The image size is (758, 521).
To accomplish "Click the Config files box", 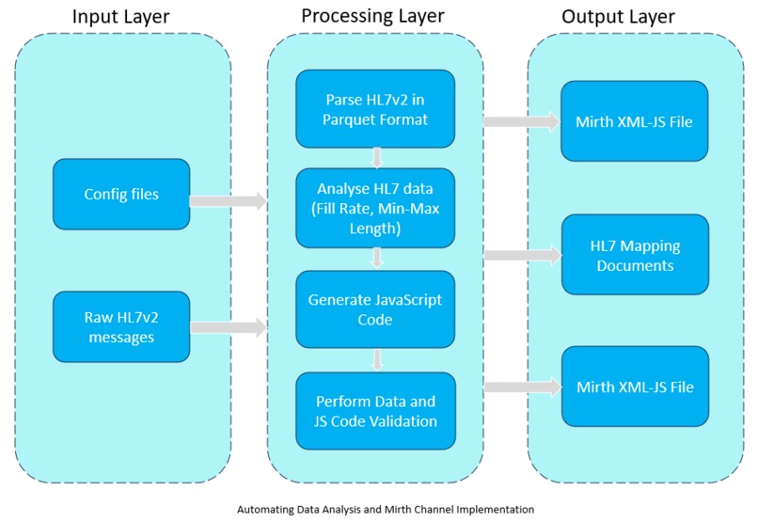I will click(x=121, y=195).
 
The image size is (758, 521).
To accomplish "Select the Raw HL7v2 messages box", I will click(x=121, y=326).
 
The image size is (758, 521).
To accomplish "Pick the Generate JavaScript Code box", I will click(x=375, y=309).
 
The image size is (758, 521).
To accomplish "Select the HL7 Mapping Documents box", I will click(x=635, y=255).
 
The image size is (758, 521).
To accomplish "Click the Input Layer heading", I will click(x=121, y=17).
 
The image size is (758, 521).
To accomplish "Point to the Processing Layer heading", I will click(x=372, y=17).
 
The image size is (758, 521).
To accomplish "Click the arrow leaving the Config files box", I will click(x=228, y=199).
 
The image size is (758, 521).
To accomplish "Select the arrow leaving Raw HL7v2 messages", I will click(x=228, y=328).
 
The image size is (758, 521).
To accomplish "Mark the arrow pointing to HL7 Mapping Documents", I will click(x=521, y=254).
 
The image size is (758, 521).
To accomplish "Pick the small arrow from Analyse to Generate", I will click(x=376, y=257).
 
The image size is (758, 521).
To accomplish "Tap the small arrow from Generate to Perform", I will click(x=376, y=359).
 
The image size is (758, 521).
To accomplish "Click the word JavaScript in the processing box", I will click(x=407, y=300).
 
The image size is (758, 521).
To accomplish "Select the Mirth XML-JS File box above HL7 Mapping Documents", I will click(x=635, y=121).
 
